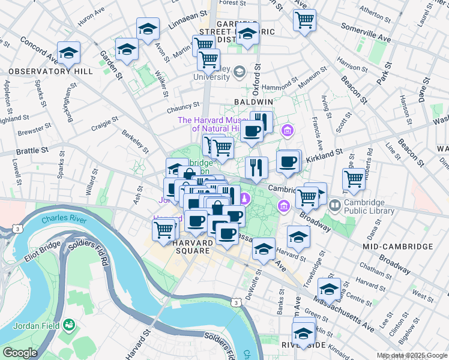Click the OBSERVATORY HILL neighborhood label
click(x=50, y=71)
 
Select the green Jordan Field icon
click(x=71, y=325)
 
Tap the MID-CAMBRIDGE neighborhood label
click(x=397, y=247)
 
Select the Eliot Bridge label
click(x=43, y=253)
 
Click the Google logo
click(x=20, y=353)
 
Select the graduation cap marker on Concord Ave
click(x=68, y=53)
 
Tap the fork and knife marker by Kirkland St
click(x=256, y=167)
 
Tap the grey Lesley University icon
click(x=239, y=72)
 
